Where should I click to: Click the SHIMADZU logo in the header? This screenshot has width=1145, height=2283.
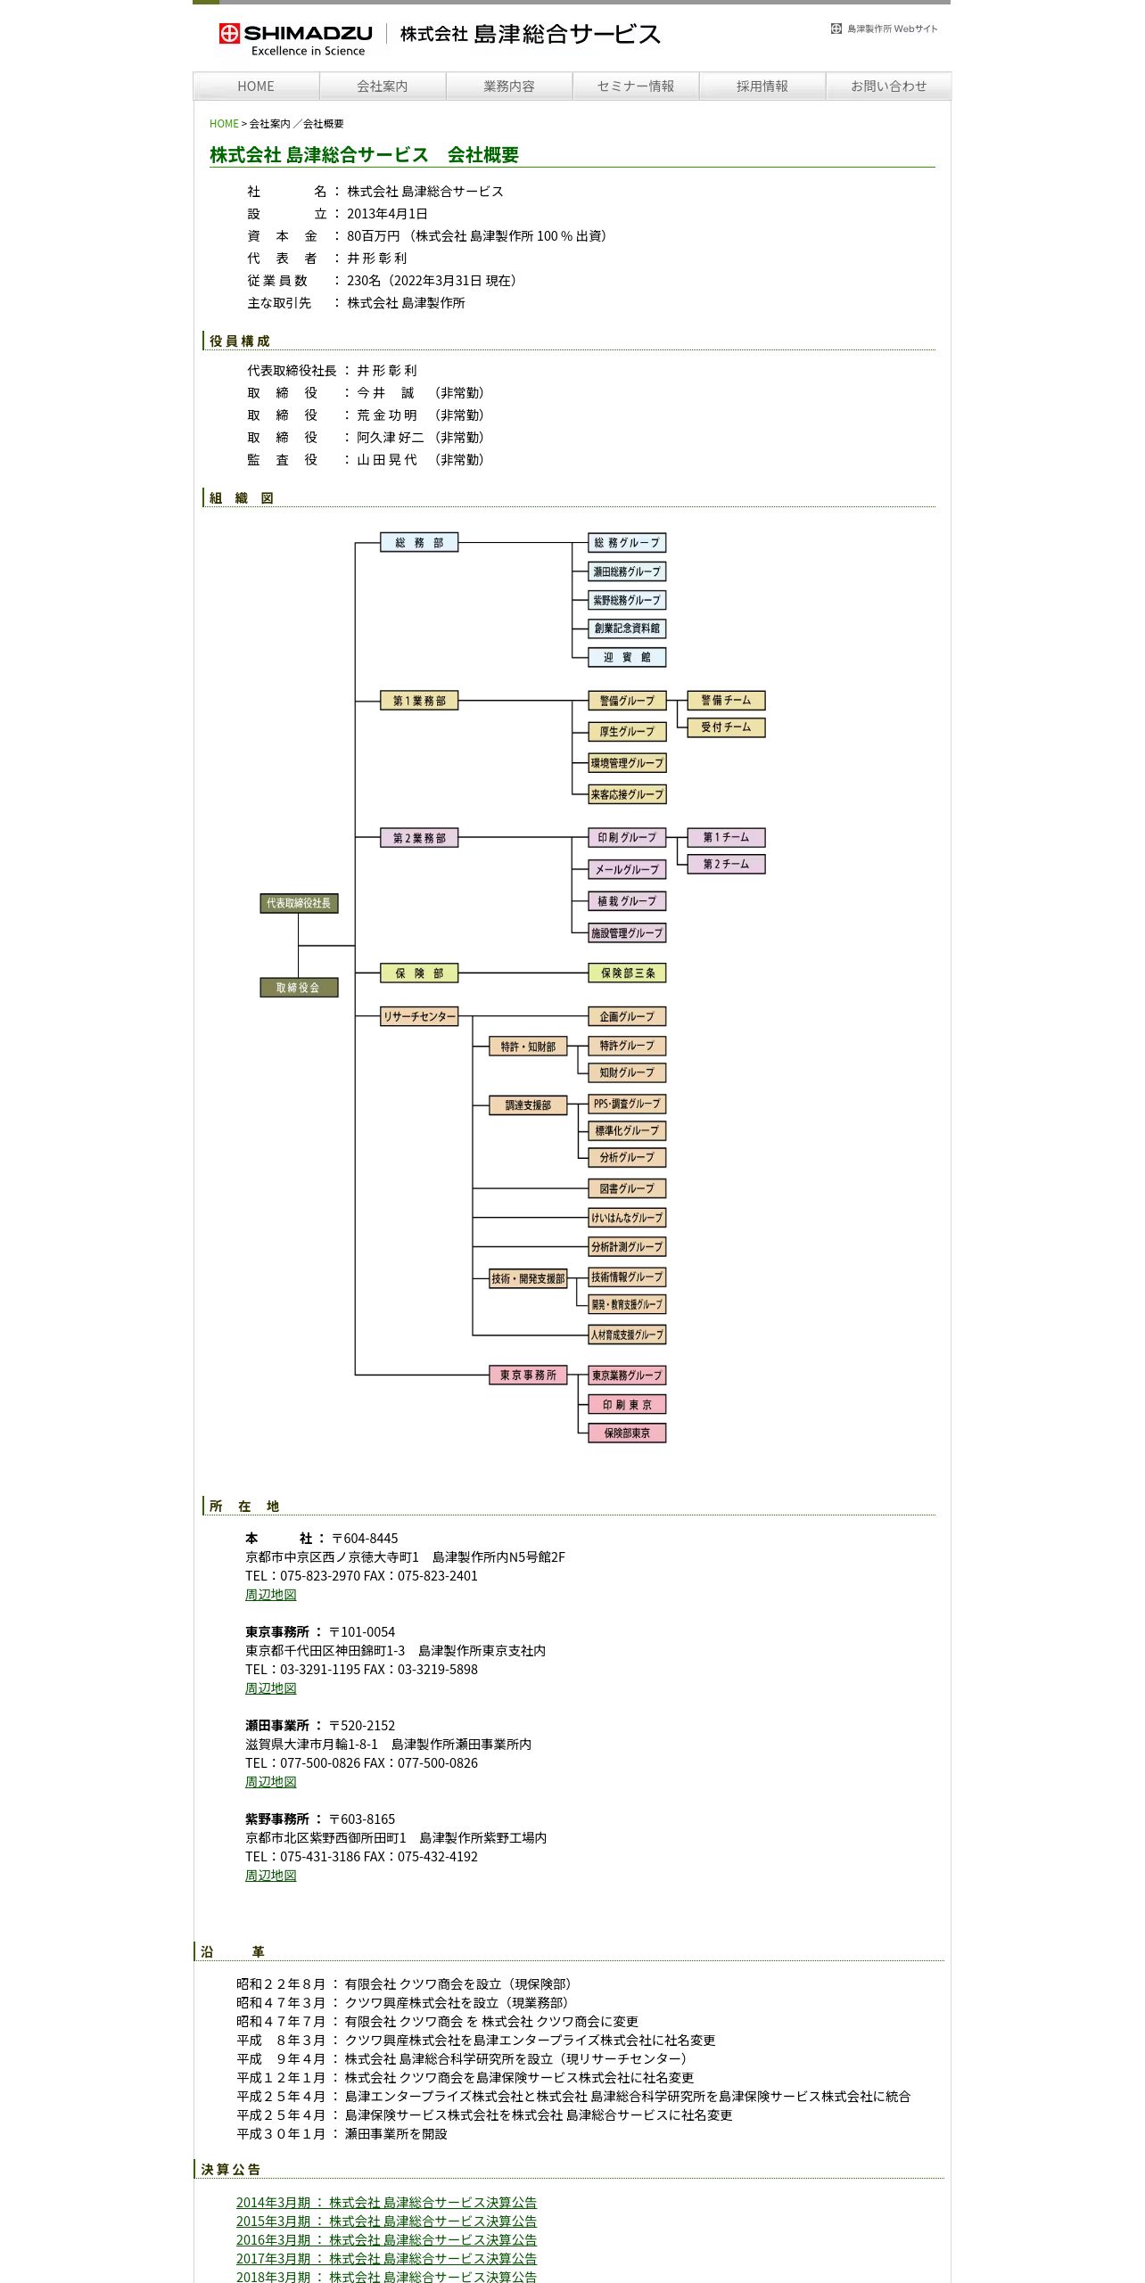pos(295,39)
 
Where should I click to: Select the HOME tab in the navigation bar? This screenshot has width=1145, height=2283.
pos(256,86)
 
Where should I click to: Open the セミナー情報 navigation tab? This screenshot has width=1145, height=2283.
pos(635,86)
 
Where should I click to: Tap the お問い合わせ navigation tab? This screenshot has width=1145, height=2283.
pos(888,86)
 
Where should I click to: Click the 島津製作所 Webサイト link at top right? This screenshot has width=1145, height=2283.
pos(885,29)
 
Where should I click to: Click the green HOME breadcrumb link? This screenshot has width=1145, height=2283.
pos(224,124)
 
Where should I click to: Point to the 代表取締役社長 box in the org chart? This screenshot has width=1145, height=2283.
pos(299,904)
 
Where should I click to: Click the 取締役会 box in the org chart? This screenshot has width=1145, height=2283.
pos(299,988)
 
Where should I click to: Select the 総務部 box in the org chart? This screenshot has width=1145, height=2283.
pos(419,543)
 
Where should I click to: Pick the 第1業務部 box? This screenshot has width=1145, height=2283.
pos(419,701)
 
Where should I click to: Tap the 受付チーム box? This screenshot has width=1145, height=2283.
pos(726,727)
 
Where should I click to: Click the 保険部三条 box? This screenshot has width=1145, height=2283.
pos(627,973)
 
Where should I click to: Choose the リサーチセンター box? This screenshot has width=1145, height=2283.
pos(419,1016)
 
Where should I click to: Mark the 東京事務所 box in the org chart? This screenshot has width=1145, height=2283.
pos(528,1376)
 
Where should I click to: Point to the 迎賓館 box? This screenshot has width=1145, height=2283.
pos(627,658)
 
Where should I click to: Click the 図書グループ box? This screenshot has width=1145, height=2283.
pos(627,1188)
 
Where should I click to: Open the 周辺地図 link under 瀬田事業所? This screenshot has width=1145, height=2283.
pos(271,1782)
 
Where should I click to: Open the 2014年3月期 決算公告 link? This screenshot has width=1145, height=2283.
pos(386,2203)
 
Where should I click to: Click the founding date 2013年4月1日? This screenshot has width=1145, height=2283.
pos(387,214)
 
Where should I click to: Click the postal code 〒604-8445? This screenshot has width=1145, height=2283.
pos(365,1539)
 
